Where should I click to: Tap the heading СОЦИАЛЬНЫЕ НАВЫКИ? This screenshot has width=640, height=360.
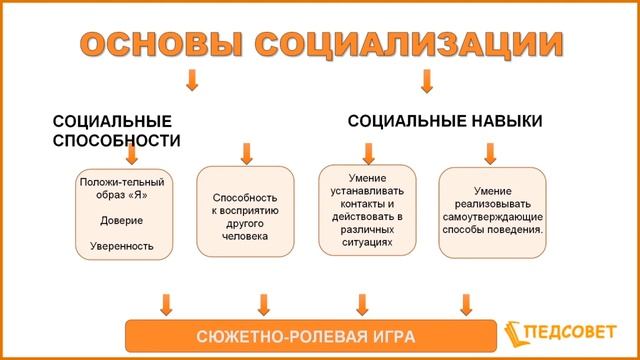(445, 121)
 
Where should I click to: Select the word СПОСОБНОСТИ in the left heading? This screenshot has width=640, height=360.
(116, 141)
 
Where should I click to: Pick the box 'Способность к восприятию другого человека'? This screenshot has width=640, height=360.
(246, 213)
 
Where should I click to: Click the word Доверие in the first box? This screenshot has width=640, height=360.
(122, 219)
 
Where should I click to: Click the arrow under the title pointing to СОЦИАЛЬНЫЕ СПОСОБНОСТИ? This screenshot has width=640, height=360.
(193, 81)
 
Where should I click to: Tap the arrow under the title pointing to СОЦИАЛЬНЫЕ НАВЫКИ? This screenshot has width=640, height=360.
(427, 81)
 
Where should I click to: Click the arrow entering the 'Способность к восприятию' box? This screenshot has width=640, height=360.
(246, 153)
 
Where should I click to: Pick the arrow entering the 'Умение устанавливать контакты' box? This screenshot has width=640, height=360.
(369, 152)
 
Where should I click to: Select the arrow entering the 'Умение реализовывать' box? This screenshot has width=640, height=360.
(490, 153)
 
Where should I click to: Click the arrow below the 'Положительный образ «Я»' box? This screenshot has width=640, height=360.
(166, 302)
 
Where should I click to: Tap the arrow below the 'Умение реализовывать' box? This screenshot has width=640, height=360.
(465, 302)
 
